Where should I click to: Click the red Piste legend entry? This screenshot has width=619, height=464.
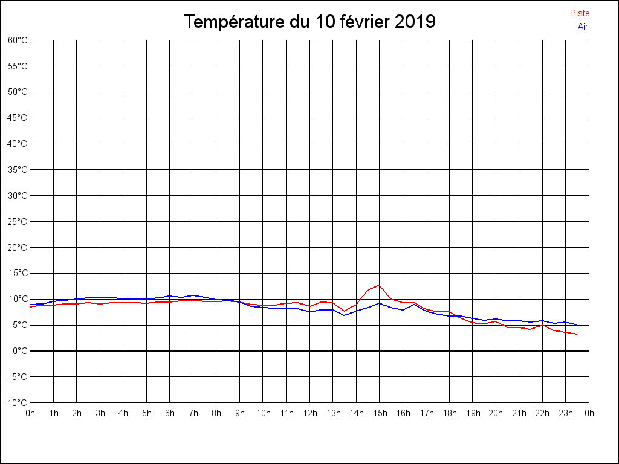580,13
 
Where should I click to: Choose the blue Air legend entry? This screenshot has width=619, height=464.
583,27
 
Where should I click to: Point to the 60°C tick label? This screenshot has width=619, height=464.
18,40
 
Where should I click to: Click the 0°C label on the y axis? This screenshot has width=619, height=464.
19,351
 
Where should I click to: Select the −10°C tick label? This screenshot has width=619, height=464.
16,403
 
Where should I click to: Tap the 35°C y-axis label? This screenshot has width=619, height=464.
18,170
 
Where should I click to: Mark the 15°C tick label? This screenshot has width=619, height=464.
18,273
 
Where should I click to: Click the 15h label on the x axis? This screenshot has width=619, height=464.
380,414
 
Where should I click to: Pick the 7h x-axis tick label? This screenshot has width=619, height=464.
193,414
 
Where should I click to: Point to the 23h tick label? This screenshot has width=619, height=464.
566,414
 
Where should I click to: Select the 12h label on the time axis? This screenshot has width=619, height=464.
309,414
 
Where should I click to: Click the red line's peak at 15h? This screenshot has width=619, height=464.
380,285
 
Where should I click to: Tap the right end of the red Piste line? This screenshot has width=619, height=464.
577,334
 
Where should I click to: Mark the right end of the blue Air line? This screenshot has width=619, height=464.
577,325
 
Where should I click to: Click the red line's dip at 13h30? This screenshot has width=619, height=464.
345,311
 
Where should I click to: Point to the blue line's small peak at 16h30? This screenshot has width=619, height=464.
415,304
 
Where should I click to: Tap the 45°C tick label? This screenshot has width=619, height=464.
18,118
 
